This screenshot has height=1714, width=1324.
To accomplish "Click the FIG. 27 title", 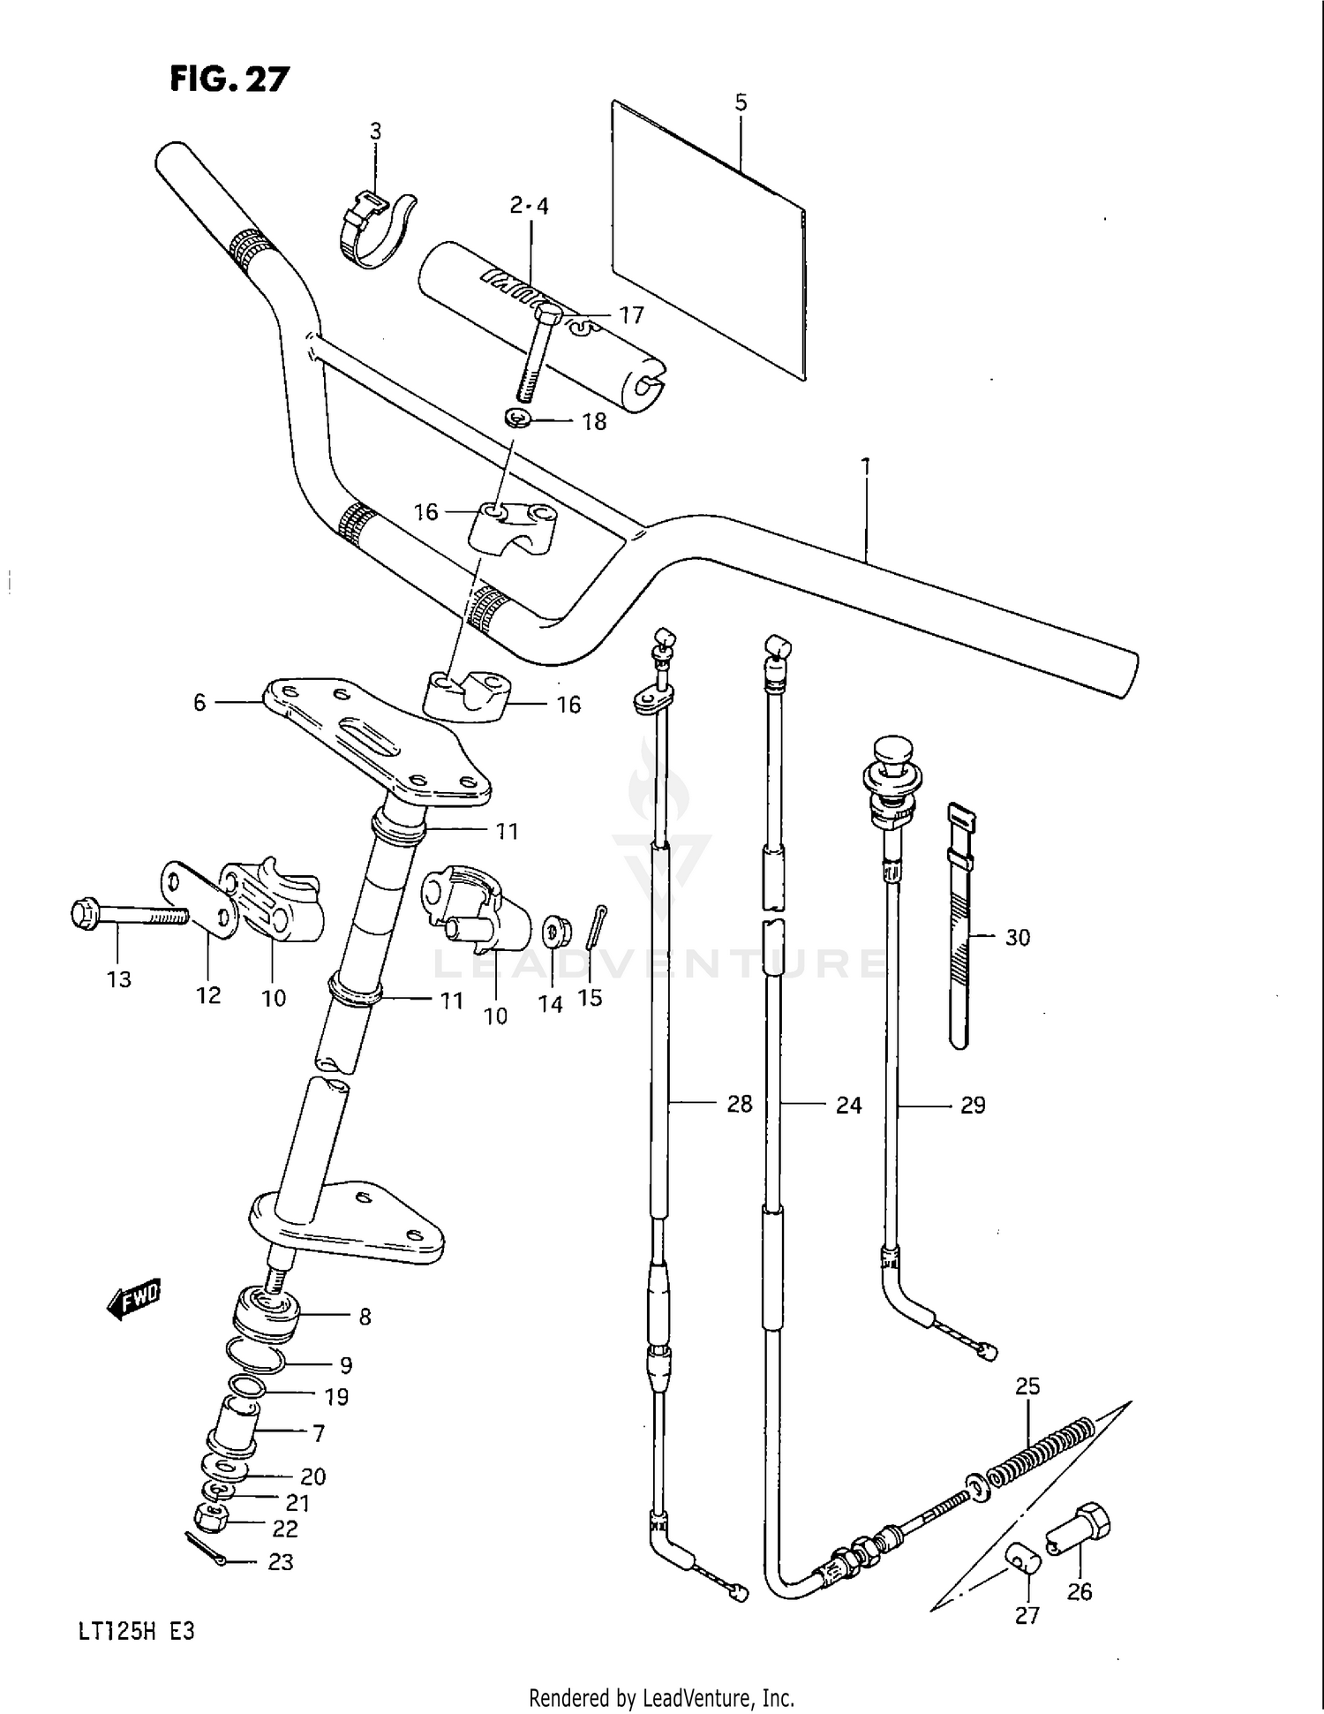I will (x=229, y=79).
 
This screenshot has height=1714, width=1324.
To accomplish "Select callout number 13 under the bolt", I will (x=118, y=978).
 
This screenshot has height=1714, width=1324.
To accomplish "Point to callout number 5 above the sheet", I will (x=741, y=102).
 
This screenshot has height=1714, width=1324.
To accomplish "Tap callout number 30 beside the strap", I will (x=1017, y=937).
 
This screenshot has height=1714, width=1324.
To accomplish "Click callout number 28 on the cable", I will (x=739, y=1104).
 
